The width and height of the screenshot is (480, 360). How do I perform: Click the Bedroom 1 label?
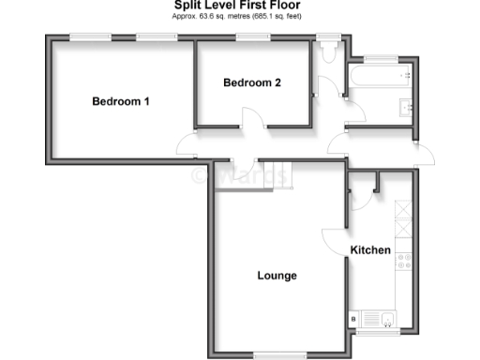click(121, 101)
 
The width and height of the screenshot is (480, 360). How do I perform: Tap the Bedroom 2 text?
click(252, 82)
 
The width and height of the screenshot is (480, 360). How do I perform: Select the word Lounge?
click(277, 276)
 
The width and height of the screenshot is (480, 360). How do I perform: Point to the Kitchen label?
click(370, 250)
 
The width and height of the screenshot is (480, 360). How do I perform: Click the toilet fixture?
click(326, 54)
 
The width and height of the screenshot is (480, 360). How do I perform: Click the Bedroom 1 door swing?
click(187, 146)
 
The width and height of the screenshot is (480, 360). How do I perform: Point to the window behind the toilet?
click(328, 37)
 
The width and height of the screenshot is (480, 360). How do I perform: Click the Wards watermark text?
click(241, 174)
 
